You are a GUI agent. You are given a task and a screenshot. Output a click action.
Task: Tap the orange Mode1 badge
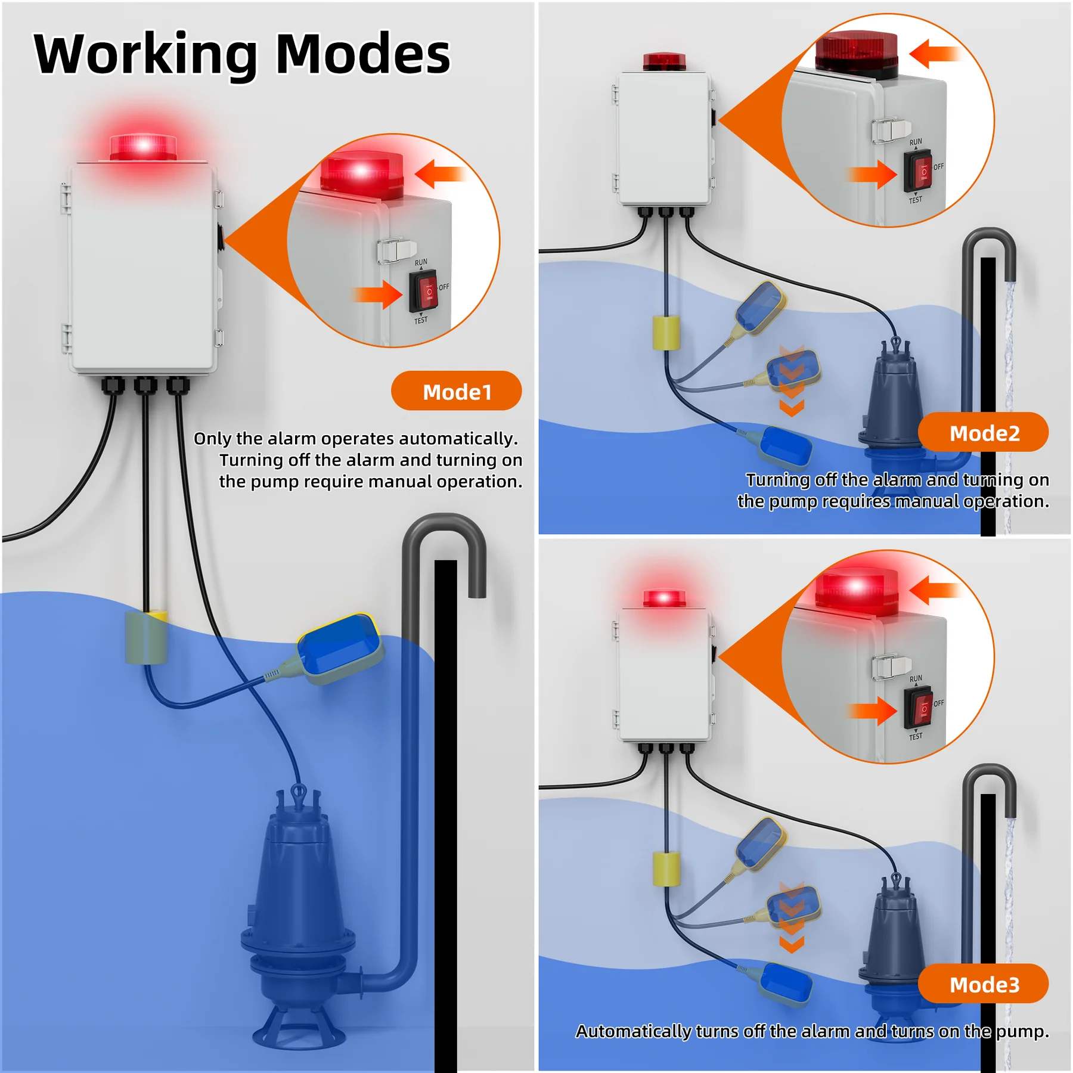click(x=457, y=391)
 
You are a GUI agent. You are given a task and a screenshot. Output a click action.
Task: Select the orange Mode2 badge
click(x=984, y=433)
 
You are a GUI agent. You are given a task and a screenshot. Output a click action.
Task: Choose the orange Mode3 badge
click(x=984, y=984)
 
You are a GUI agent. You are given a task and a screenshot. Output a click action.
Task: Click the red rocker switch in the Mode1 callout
click(x=423, y=291)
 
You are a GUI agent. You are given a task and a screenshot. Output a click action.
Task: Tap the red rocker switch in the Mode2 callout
click(x=917, y=171)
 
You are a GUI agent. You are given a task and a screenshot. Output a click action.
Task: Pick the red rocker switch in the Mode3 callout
click(x=917, y=708)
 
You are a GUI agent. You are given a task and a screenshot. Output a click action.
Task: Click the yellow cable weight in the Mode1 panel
click(x=145, y=637)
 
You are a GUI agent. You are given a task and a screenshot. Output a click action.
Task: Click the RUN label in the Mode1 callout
click(x=421, y=262)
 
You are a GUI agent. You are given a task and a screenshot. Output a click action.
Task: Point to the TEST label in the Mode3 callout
click(x=916, y=737)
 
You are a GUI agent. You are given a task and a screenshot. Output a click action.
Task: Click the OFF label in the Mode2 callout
click(x=939, y=167)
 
